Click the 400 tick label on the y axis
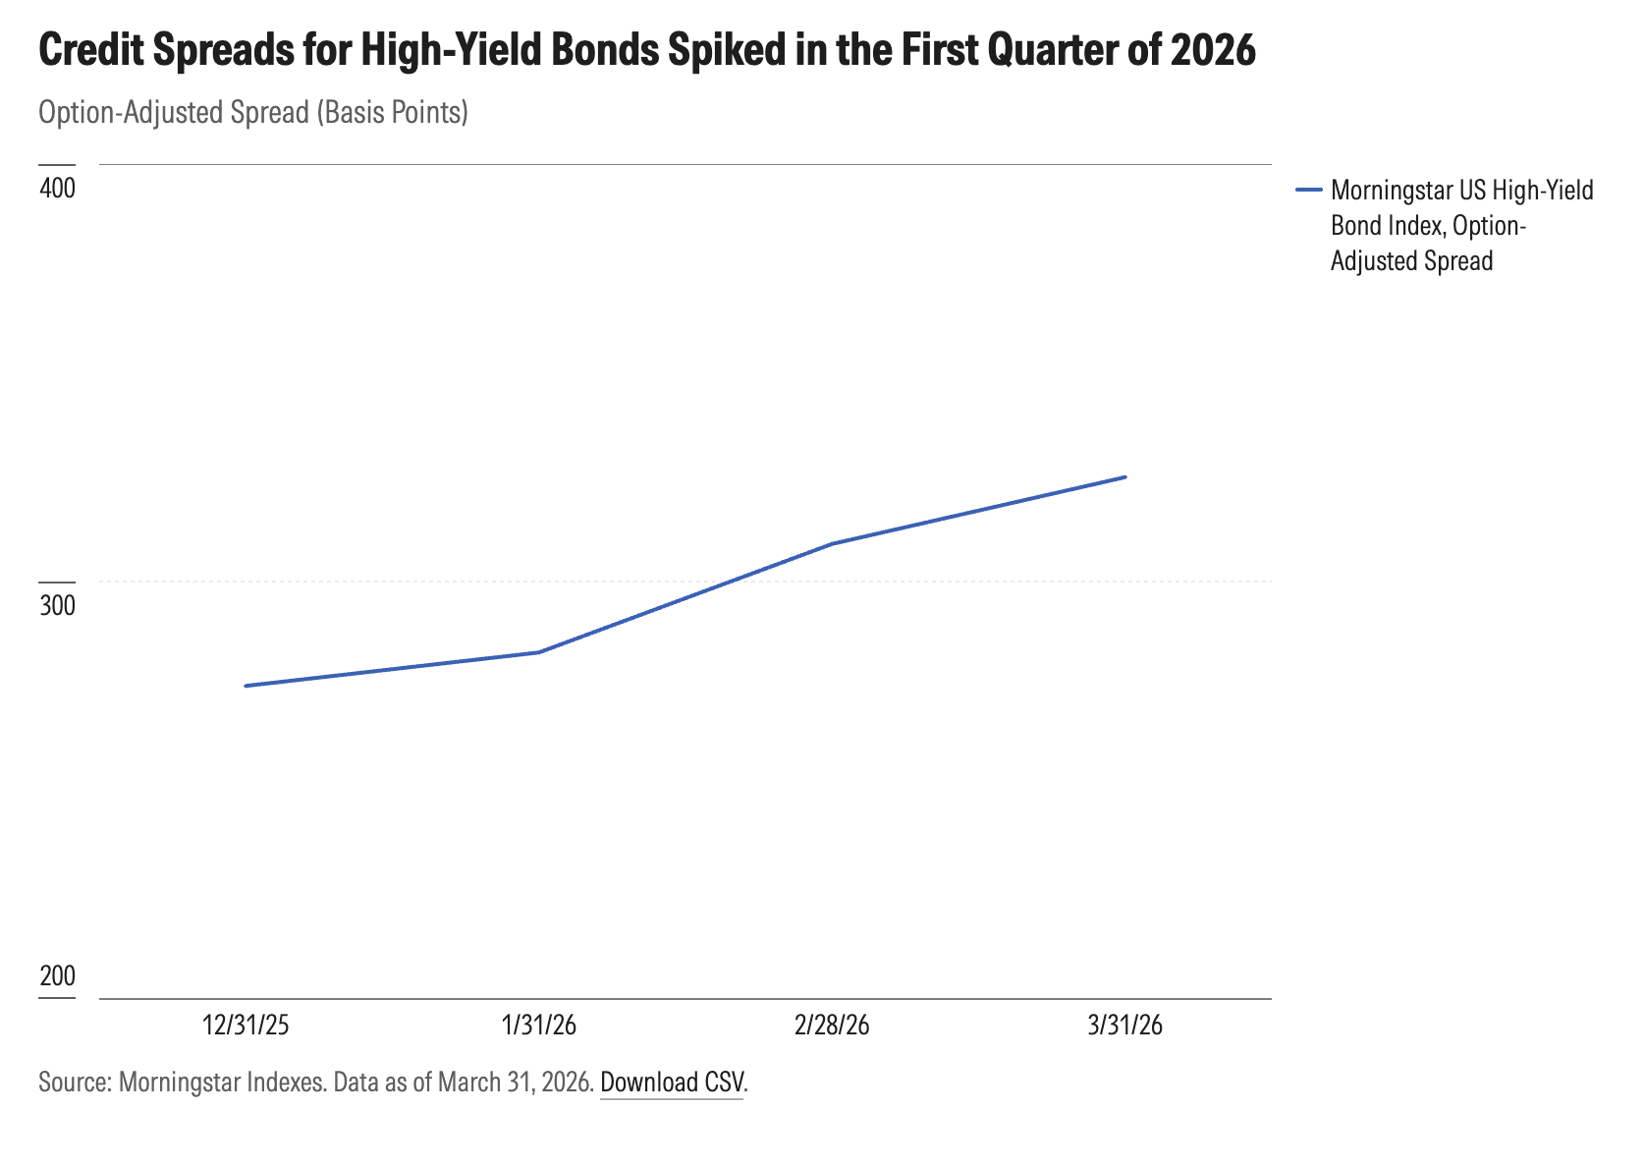57,188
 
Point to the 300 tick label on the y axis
57,605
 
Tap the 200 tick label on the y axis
57,976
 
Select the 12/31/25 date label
246,1026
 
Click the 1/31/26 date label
538,1026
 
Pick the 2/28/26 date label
832,1026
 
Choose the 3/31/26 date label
1124,1026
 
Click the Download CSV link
672,1083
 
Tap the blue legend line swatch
1309,190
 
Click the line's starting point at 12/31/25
246,686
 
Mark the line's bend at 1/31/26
538,652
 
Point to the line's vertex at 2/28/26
832,543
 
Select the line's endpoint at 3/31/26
1124,477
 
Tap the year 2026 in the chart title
1214,50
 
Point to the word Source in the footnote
73,1083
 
